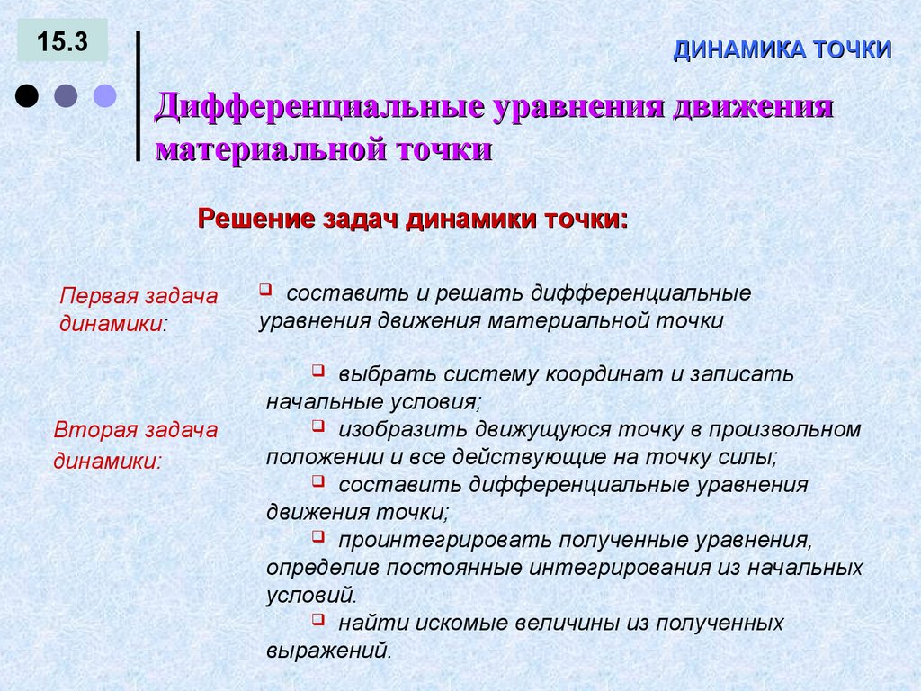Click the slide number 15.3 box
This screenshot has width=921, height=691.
62,41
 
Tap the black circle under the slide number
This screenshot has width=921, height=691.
27,95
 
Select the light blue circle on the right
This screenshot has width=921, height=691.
105,95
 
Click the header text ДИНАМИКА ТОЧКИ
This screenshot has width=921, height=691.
782,49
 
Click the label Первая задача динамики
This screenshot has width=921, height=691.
139,310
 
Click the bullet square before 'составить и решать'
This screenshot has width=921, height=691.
265,290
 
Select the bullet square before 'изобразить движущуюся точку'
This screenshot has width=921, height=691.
319,425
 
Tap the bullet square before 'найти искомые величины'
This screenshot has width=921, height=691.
319,618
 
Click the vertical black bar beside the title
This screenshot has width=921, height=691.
138,96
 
